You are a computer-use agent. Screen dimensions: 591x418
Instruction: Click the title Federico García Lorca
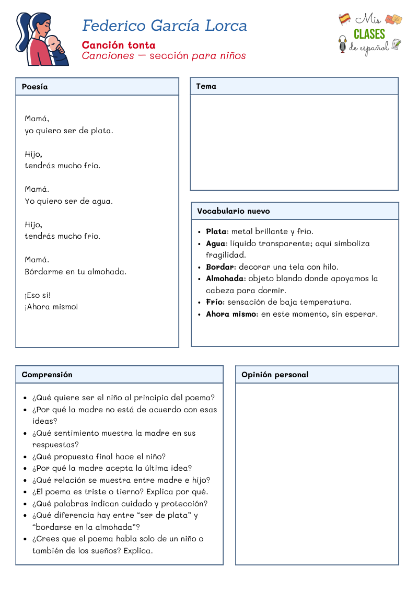(165, 26)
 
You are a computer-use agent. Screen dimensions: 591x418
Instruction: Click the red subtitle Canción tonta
(119, 45)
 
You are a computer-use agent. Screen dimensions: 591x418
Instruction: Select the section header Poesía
(35, 87)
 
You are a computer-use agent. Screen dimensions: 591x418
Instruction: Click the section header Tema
(206, 86)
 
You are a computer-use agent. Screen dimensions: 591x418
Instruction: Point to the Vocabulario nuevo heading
(234, 211)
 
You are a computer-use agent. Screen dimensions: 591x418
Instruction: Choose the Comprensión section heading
(47, 375)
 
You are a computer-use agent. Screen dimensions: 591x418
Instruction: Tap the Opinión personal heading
(275, 375)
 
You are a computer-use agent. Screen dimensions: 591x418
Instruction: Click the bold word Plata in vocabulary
(216, 231)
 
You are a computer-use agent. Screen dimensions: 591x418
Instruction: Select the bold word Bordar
(220, 267)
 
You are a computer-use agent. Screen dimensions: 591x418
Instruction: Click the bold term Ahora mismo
(231, 314)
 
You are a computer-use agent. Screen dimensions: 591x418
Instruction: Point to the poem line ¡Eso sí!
(38, 295)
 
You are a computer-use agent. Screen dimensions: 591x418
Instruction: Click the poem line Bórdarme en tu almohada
(76, 272)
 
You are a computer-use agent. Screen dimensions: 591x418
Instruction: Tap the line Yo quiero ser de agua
(68, 201)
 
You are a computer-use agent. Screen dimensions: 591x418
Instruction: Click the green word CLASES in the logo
(369, 34)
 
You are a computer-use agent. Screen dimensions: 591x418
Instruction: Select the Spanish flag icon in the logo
(344, 19)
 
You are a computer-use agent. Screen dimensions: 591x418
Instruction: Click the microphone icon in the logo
(343, 44)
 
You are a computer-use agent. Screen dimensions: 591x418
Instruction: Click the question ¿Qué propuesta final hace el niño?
(99, 457)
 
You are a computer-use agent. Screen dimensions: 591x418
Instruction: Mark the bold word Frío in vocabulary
(215, 302)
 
